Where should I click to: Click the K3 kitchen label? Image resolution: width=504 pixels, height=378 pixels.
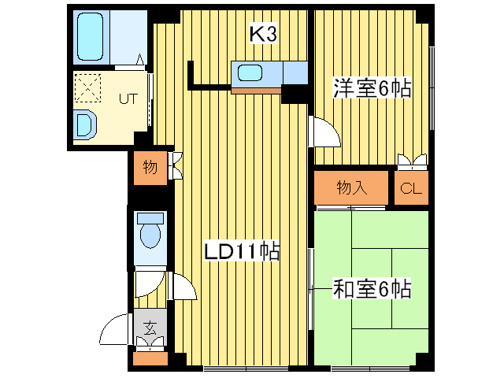tap(262, 34)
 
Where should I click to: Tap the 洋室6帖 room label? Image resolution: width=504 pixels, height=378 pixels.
tap(372, 89)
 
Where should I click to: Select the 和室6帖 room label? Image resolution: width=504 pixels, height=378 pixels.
tap(372, 289)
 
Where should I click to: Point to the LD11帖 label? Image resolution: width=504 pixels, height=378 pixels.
tap(242, 252)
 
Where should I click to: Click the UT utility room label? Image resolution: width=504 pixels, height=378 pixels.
tap(128, 99)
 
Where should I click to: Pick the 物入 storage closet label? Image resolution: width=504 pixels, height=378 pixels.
tap(352, 187)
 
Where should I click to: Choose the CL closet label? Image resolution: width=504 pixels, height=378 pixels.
tap(411, 188)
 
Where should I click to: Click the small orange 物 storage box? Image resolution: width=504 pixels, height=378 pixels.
tap(149, 167)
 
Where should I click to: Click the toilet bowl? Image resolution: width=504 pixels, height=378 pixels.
tap(149, 233)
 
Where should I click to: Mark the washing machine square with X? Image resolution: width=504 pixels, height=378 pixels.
tap(88, 87)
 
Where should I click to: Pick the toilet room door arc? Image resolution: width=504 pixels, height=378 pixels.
tap(182, 287)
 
